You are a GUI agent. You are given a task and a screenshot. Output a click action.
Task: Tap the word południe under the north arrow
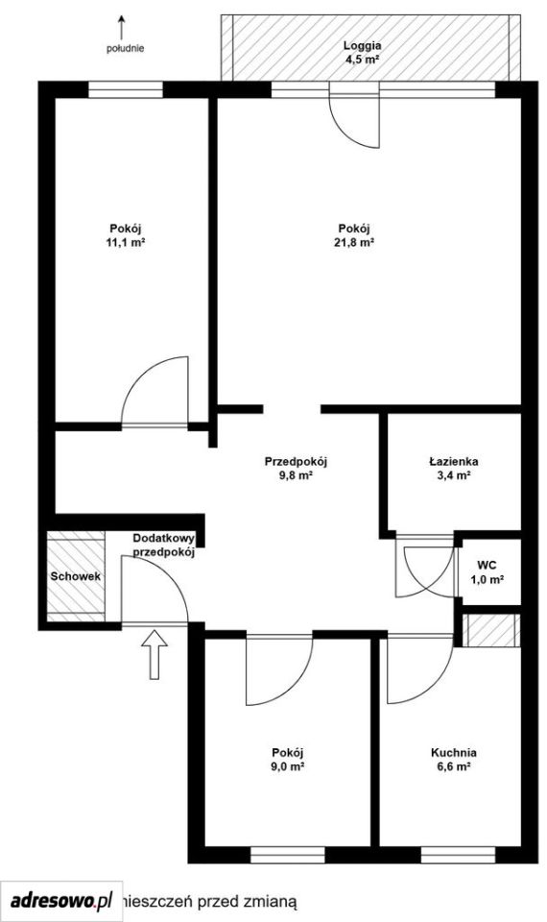[125, 49]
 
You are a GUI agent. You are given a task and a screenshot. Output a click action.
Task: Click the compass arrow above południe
[122, 27]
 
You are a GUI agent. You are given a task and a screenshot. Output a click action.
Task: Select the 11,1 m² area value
[126, 242]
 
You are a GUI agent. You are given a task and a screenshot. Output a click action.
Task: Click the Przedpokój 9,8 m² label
[296, 469]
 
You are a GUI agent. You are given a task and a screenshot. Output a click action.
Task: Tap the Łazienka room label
[453, 462]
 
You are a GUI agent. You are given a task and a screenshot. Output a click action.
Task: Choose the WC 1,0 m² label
[487, 572]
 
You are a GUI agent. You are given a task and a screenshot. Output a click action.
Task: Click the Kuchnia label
[454, 753]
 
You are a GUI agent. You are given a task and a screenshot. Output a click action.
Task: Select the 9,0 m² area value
[288, 766]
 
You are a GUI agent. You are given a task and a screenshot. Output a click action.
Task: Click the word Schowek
[75, 577]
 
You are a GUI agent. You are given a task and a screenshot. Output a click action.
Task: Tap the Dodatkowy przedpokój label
[164, 546]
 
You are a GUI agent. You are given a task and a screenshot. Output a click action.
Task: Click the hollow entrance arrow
[155, 654]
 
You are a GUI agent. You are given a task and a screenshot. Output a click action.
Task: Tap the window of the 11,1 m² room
[125, 89]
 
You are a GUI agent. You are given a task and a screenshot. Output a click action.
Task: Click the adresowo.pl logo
[61, 900]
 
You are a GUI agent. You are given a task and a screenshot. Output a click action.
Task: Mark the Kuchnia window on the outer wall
[459, 855]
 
